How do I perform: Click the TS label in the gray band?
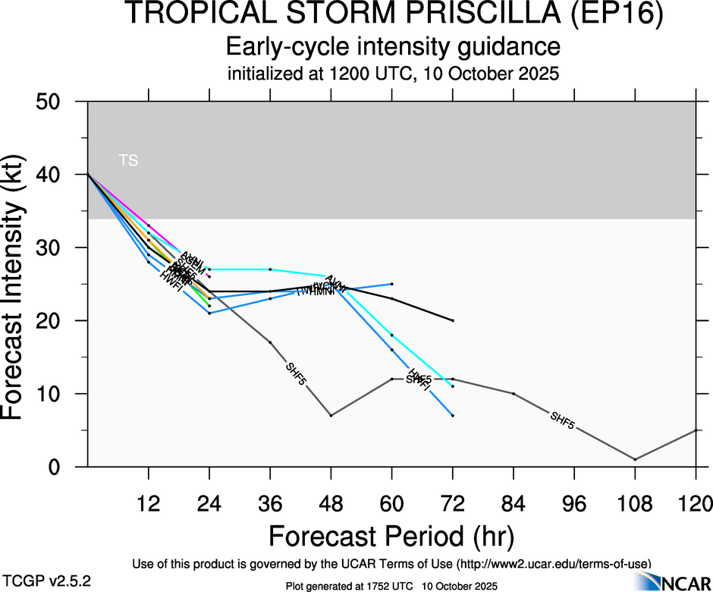coord(128,160)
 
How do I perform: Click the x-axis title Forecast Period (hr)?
coord(391,536)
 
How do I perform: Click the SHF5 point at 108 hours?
coord(636,459)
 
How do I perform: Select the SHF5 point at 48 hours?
coord(331,415)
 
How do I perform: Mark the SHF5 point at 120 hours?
coord(696,430)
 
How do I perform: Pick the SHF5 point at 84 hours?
coord(514,393)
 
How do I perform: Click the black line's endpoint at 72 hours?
coord(453,320)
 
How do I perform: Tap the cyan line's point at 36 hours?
coord(270,269)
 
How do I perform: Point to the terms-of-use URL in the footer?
coord(554,564)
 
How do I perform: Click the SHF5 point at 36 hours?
coord(270,342)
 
